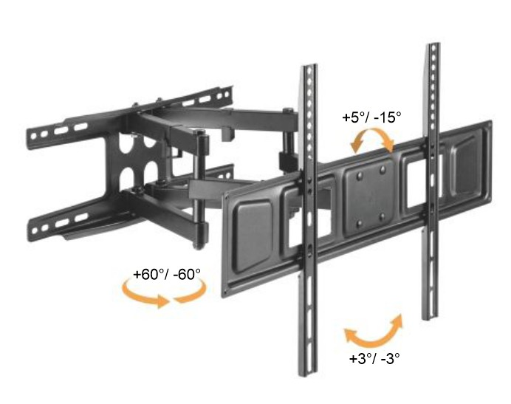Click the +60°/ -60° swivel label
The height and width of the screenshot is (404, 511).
tap(167, 274)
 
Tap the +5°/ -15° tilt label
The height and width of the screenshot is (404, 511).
tap(371, 117)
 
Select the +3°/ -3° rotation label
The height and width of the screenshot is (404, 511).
tap(374, 359)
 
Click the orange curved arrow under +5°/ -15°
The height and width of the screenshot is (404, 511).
tap(372, 132)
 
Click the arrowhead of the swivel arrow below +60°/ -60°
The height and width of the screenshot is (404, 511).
tap(162, 301)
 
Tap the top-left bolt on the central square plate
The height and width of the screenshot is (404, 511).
tap(360, 176)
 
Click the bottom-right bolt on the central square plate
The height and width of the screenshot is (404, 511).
tap(383, 216)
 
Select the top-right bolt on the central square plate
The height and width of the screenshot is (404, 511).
tap(383, 169)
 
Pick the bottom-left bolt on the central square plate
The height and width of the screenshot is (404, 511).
tap(360, 224)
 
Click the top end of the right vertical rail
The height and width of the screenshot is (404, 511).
tap(433, 44)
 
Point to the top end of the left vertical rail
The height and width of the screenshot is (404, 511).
tap(309, 65)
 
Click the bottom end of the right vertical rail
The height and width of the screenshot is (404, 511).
tap(429, 318)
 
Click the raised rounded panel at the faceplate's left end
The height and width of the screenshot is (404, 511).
tap(253, 236)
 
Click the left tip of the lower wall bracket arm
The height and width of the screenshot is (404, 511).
tap(30, 230)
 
